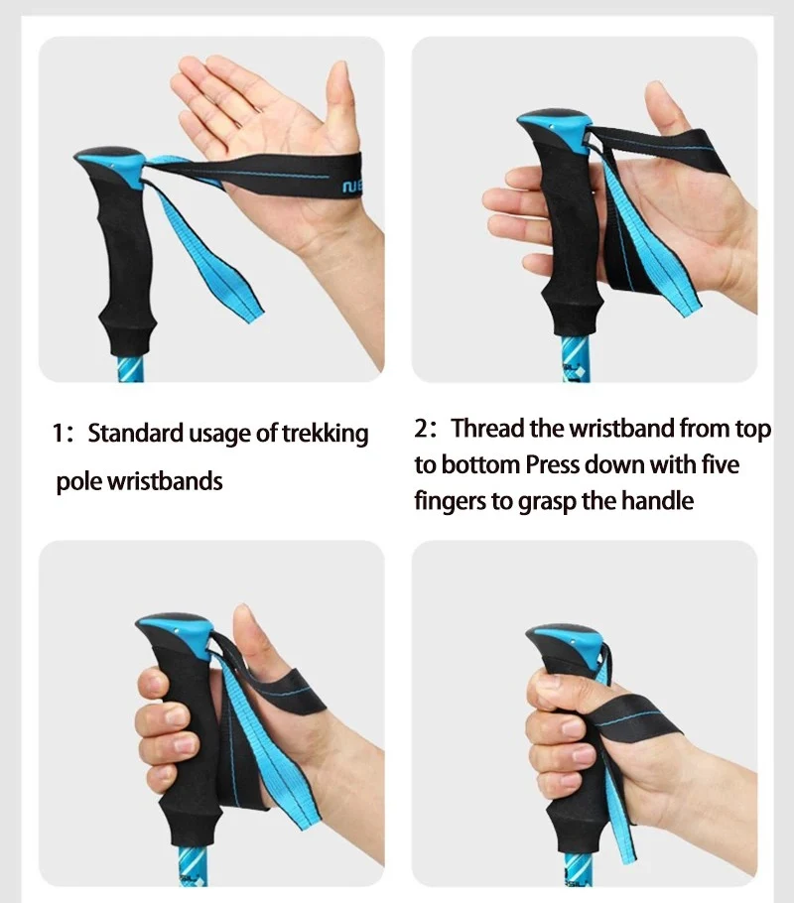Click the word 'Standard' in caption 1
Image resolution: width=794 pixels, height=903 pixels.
click(x=135, y=433)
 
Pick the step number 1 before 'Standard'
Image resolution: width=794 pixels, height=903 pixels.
click(x=59, y=433)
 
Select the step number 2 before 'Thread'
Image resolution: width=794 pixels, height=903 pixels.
click(x=421, y=429)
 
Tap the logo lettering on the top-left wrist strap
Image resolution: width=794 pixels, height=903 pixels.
click(x=351, y=187)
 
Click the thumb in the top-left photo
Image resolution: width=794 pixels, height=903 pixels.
click(x=340, y=109)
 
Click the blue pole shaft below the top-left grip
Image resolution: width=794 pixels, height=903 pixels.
click(x=131, y=368)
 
